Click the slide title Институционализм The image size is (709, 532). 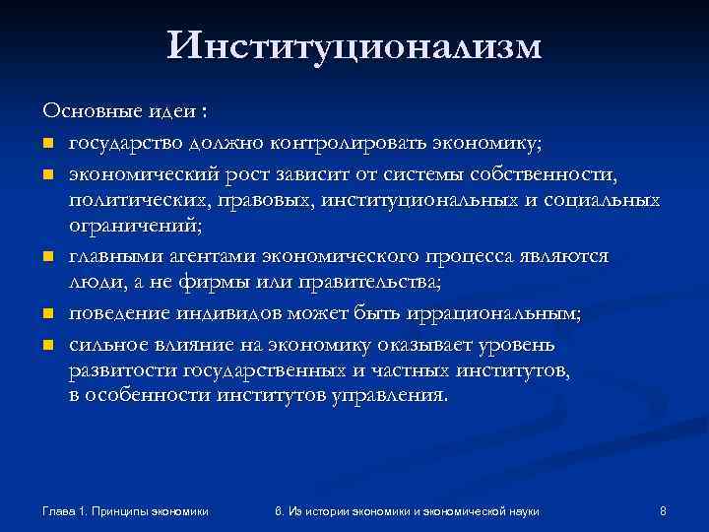[x=354, y=46]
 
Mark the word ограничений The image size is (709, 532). [x=132, y=226]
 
